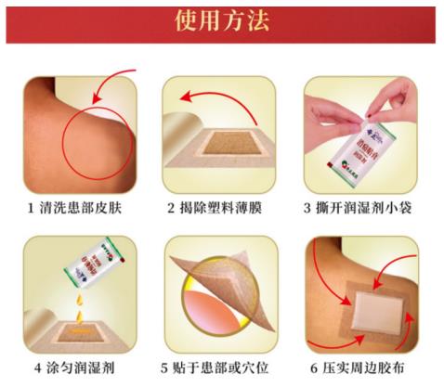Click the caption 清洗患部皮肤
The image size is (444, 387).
pos(87,206)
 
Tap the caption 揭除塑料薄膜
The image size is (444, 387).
pos(228,206)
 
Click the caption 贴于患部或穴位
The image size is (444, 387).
pos(228,365)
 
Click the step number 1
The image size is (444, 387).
pos(32,206)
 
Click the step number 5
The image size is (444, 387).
pos(169,365)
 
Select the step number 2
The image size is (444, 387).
pos(171,206)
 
